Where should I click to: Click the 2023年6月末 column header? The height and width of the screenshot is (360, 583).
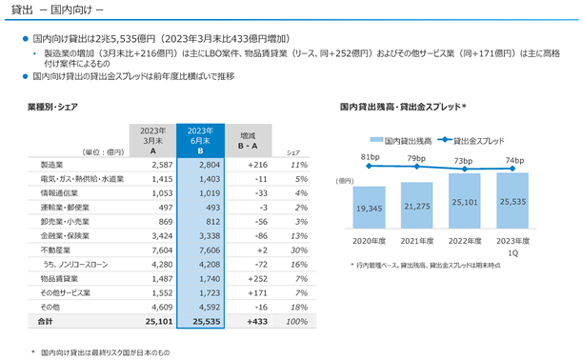coord(200,141)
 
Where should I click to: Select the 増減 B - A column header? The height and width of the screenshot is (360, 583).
coord(248,141)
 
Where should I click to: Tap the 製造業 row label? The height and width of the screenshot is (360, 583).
coord(51,165)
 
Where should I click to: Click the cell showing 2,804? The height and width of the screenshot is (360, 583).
coord(210,165)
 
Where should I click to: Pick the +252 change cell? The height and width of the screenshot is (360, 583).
coord(257,279)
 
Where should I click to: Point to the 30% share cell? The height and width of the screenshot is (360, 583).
coord(299,250)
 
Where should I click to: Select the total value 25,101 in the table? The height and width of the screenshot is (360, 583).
coord(159,322)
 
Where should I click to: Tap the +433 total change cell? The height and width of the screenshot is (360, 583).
coord(257,322)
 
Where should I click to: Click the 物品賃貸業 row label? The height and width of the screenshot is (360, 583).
coord(59,279)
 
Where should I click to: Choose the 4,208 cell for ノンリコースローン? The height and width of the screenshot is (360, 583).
coord(210,265)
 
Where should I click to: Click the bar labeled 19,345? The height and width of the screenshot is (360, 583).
coord(370,208)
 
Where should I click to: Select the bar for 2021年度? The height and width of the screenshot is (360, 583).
coord(417,206)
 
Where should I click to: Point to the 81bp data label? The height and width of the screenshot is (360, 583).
coord(370,157)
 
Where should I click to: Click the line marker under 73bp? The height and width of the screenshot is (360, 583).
coord(464,169)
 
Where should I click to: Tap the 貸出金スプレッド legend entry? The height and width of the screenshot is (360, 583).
coord(472,141)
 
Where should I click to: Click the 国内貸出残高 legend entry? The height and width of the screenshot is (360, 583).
coord(401,141)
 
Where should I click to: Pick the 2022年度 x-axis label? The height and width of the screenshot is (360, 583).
coord(465,241)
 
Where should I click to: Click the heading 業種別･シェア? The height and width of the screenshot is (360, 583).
coord(52,107)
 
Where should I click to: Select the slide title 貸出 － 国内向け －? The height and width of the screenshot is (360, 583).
coord(57,10)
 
